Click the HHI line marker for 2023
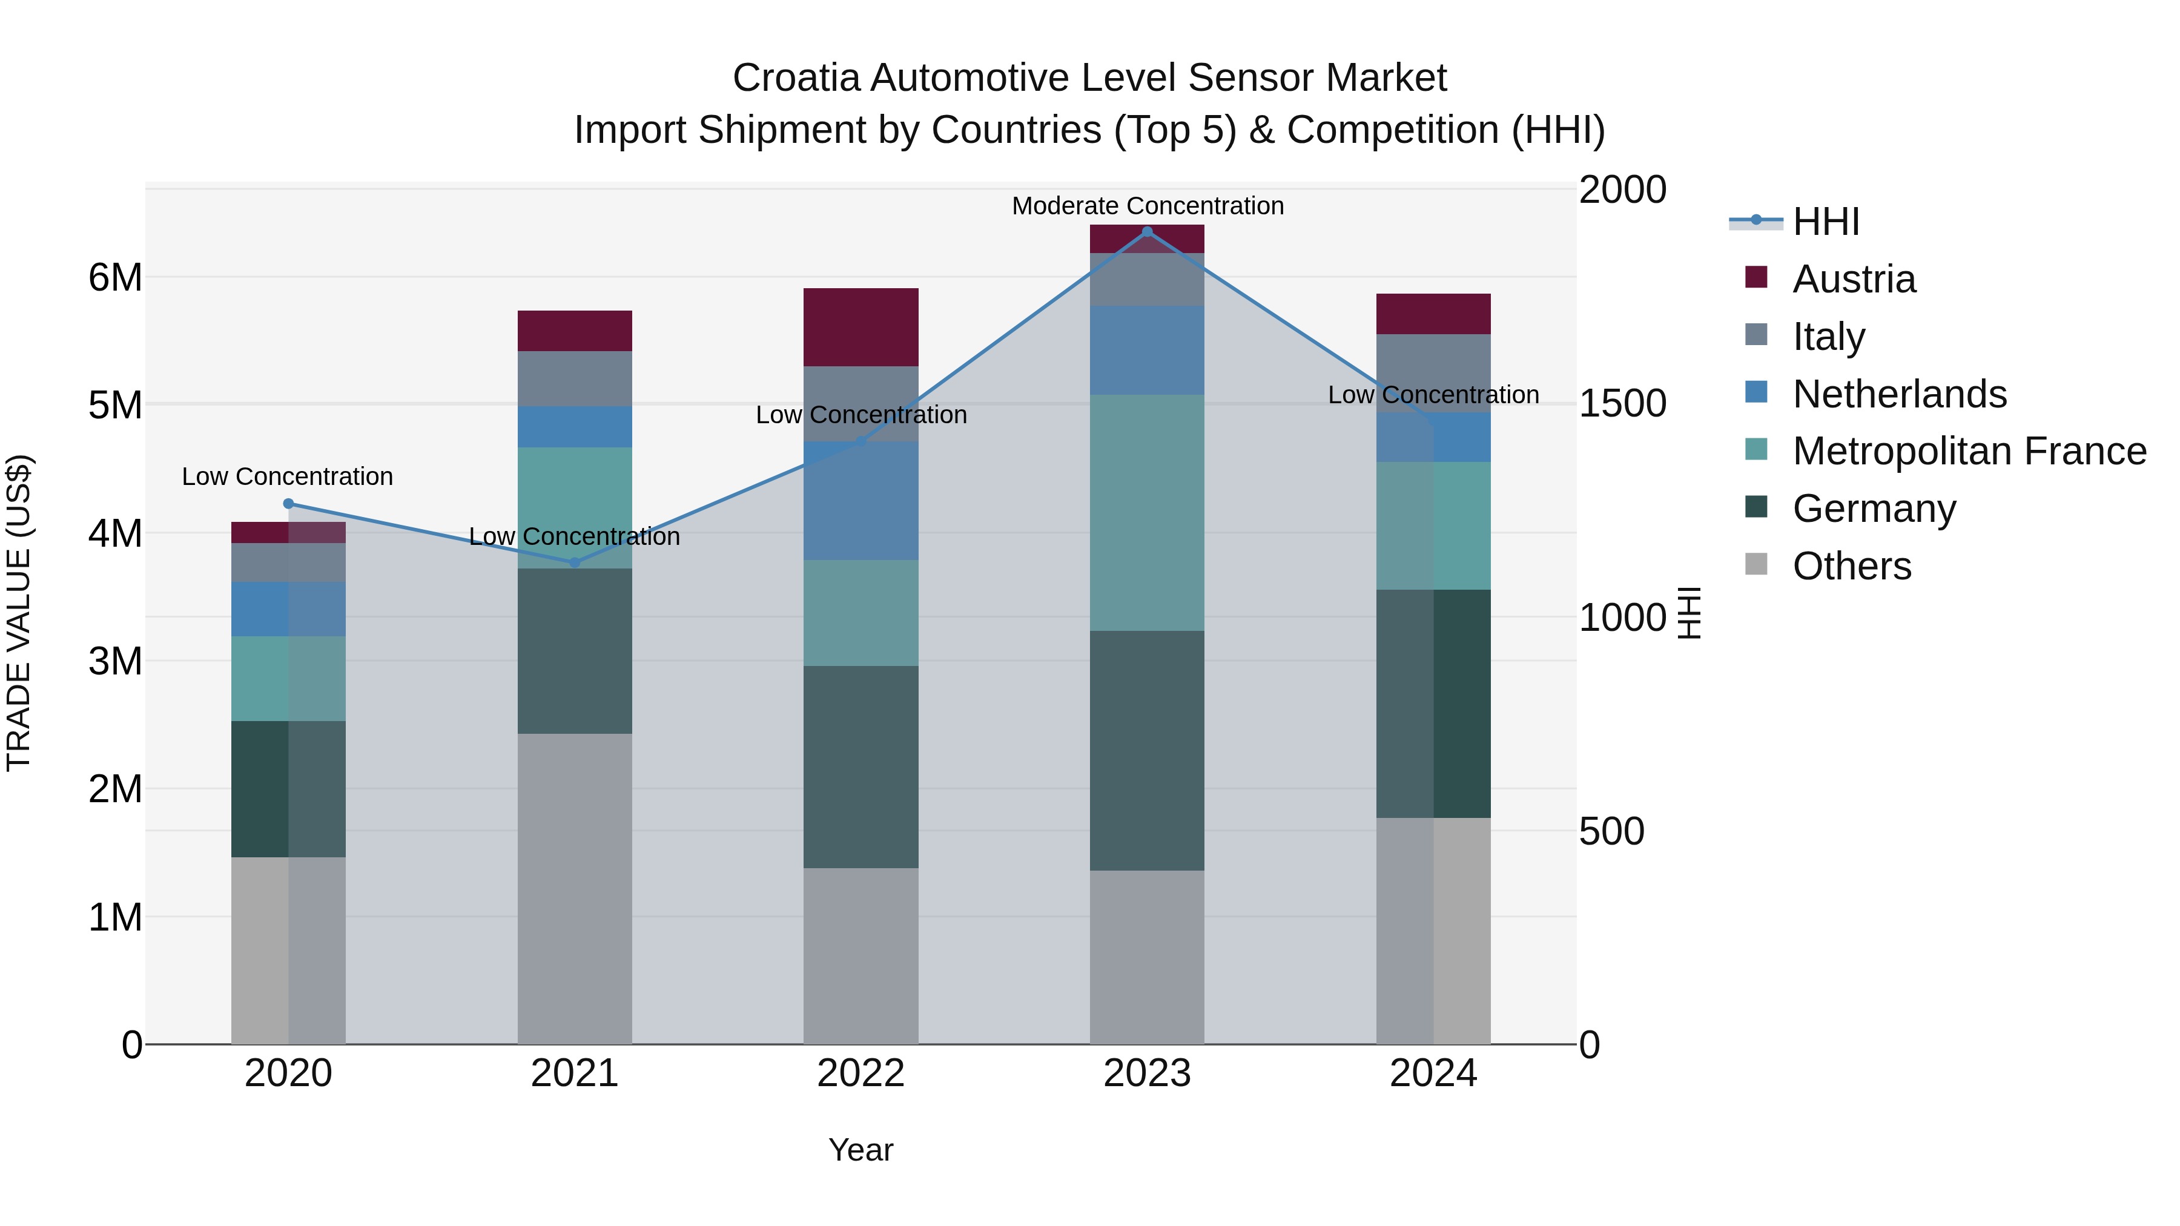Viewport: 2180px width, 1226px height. [1147, 231]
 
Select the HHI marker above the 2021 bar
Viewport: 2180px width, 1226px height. [575, 562]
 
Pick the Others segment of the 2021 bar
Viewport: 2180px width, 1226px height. [575, 888]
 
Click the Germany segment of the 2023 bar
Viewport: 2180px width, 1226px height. [1147, 751]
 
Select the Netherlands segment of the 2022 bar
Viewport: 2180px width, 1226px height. [860, 501]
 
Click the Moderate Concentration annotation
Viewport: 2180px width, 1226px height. [1148, 206]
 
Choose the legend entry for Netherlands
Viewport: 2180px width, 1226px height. [1899, 394]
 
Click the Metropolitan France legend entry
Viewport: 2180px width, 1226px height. [1969, 451]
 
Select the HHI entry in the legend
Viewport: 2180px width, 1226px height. [1825, 222]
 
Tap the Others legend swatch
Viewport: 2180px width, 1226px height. [1756, 564]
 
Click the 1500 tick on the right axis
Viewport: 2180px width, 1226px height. [1622, 404]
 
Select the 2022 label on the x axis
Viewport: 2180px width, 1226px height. [860, 1073]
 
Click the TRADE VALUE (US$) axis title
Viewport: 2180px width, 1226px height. [19, 613]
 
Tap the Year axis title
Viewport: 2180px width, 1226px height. [860, 1150]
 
